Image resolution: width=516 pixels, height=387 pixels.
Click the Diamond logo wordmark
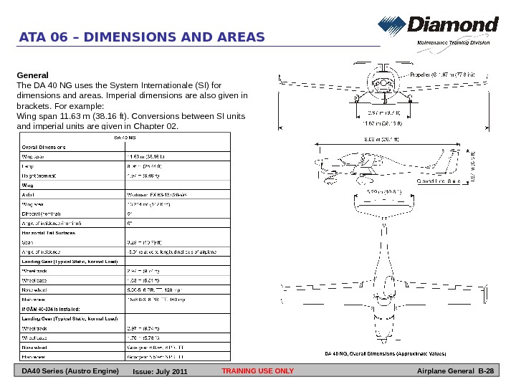(x=453, y=25)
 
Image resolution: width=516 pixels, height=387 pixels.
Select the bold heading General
(x=32, y=75)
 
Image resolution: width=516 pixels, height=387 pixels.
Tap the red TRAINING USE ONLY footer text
(x=258, y=371)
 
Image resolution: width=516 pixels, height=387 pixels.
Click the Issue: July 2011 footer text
(x=161, y=371)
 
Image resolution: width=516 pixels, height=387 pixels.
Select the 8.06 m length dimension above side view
(x=380, y=139)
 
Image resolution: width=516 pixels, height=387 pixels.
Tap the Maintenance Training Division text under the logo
(x=453, y=43)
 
